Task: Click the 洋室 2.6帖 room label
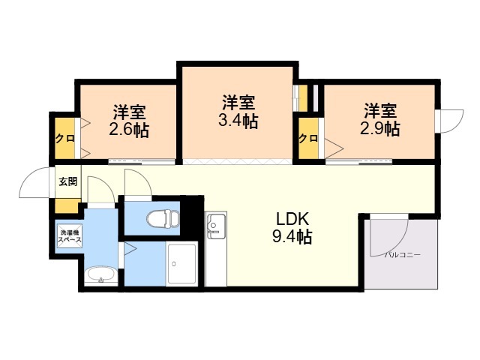[x=129, y=121]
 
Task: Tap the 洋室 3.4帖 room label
[x=238, y=112]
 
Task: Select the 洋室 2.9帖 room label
[x=380, y=120]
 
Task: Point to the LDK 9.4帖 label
[x=292, y=228]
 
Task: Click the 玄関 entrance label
[x=68, y=181]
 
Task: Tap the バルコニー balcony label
[x=403, y=255]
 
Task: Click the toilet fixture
[x=163, y=218]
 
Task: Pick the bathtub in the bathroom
[x=181, y=263]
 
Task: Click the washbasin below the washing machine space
[x=100, y=275]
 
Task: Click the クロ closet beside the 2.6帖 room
[x=65, y=138]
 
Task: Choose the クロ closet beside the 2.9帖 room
[x=308, y=138]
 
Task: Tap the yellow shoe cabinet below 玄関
[x=67, y=205]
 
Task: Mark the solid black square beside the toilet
[x=192, y=215]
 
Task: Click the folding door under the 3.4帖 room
[x=238, y=162]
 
